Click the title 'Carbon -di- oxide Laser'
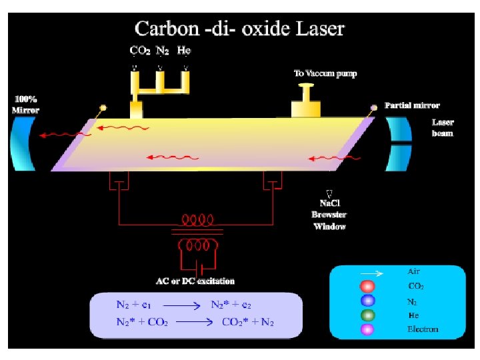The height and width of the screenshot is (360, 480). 240,29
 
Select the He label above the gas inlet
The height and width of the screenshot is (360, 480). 184,50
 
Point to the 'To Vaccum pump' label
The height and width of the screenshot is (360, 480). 325,73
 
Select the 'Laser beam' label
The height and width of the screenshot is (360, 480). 443,128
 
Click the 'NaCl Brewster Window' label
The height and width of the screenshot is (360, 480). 329,215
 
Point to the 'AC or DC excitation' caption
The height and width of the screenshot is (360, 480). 195,281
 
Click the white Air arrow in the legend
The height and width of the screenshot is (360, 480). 371,273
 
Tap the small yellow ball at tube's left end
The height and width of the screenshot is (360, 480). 103,107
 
